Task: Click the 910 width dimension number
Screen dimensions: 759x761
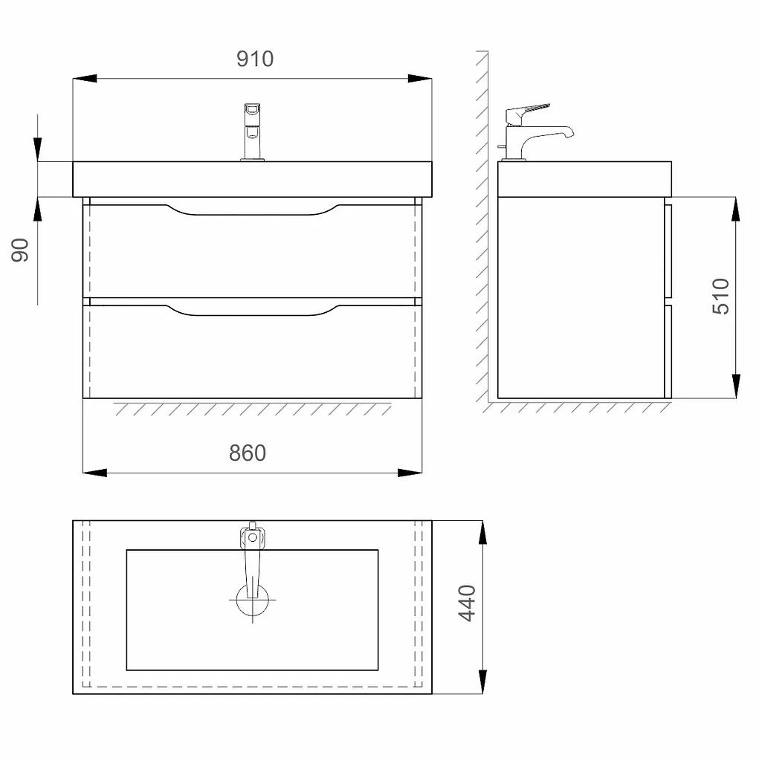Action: [255, 59]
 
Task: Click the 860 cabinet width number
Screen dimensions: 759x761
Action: [247, 453]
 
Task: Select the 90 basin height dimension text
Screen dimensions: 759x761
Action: [20, 250]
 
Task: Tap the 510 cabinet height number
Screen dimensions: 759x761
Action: [720, 297]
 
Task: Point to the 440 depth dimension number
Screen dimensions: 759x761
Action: [467, 603]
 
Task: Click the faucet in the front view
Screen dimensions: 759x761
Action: [253, 132]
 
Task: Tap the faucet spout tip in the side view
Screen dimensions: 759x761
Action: [569, 133]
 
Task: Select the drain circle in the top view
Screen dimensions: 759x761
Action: [253, 600]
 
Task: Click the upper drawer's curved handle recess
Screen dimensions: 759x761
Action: [252, 211]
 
